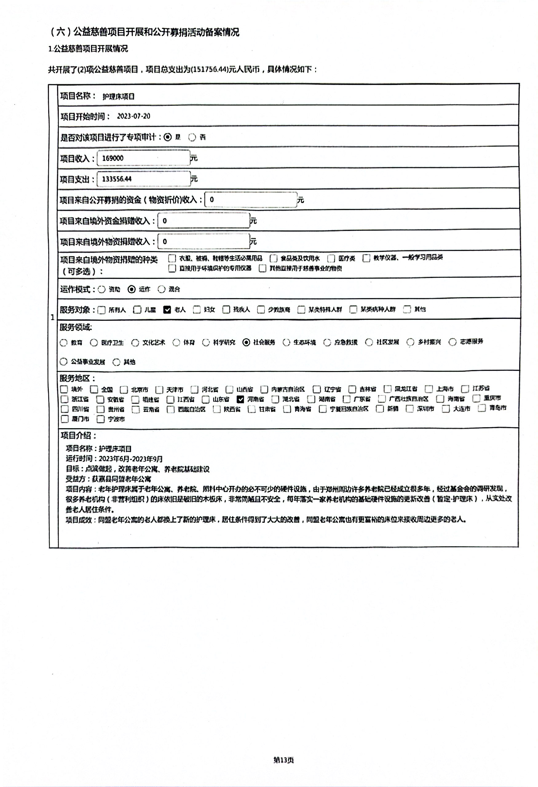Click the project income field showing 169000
(x=143, y=158)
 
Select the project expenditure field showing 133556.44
(x=143, y=179)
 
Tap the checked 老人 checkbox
(x=167, y=310)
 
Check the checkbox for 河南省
(x=240, y=399)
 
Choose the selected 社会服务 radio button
(x=247, y=342)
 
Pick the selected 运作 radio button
(x=132, y=289)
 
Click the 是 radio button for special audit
(x=168, y=137)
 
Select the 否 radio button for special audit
(x=192, y=137)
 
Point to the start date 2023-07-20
(x=133, y=116)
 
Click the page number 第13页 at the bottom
(x=283, y=760)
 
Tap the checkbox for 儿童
(x=137, y=310)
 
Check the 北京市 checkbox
(x=124, y=390)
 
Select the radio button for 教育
(x=63, y=343)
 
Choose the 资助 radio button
(x=101, y=289)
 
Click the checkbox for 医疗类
(x=331, y=258)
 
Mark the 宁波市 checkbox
(x=101, y=419)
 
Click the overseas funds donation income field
(x=204, y=221)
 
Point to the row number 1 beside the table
(x=53, y=317)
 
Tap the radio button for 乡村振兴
(x=410, y=342)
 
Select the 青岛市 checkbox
(x=481, y=408)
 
